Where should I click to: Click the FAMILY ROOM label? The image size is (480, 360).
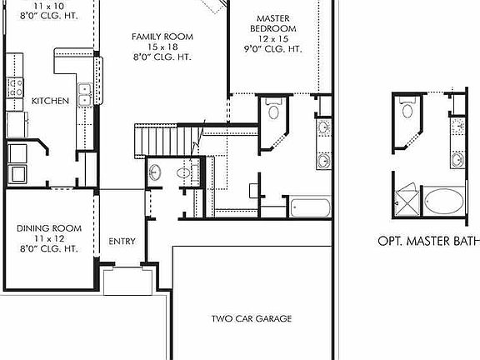coord(162,37)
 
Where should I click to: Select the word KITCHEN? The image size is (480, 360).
coord(50,101)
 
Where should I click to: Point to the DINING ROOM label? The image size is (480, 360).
coord(49,227)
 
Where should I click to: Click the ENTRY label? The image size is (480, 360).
coord(122,242)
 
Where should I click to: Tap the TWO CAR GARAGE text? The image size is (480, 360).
coord(251,318)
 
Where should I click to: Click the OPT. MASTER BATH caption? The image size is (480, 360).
coord(427,241)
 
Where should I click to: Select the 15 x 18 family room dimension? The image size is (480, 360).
coord(162,47)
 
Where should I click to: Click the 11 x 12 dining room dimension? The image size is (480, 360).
coord(48,237)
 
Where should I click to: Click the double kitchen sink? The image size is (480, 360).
coord(84,95)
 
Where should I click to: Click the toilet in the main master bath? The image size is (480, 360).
coord(272,111)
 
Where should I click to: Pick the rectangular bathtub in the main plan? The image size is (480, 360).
coord(310,205)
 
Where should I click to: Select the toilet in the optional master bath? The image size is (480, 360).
coord(407,108)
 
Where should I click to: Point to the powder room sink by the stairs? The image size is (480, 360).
coord(155,172)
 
